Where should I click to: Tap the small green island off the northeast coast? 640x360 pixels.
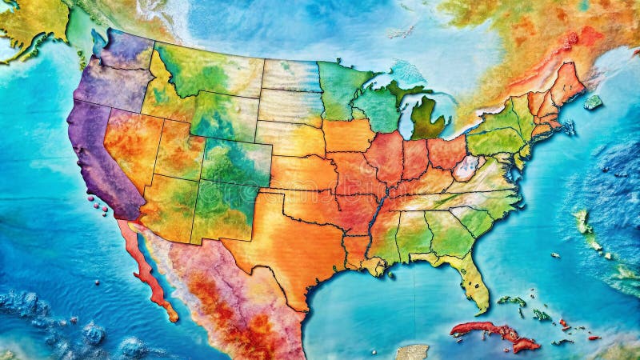point(592,102)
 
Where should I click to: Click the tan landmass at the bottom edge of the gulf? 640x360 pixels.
point(412,352)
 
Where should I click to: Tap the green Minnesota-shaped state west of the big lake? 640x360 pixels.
point(340,88)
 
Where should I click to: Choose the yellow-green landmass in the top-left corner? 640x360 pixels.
point(32,20)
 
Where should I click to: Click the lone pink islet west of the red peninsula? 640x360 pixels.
point(98,282)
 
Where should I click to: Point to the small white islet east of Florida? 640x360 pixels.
point(554,255)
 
